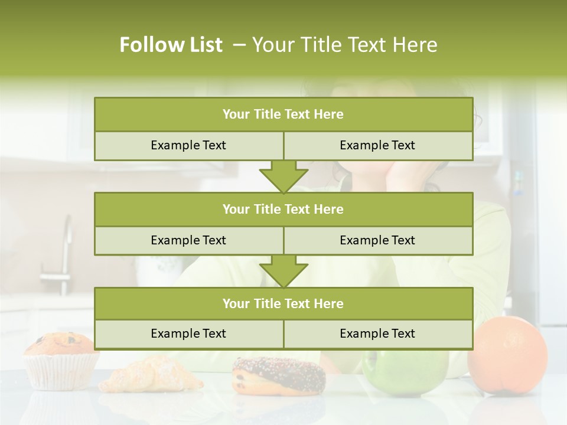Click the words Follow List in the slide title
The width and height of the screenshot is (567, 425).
pos(171,45)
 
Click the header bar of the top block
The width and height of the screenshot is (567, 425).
pos(283,115)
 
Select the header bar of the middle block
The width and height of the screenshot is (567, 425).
pos(283,210)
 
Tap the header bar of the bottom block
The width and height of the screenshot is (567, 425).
pos(283,304)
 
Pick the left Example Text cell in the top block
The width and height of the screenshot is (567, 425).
pos(189,146)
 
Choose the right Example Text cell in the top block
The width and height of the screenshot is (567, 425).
pos(378,146)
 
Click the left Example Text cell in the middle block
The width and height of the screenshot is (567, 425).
pos(189,241)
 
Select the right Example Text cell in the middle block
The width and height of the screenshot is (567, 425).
pos(378,241)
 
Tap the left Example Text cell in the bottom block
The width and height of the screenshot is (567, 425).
pos(189,334)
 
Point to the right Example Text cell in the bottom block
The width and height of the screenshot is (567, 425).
pos(378,334)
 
